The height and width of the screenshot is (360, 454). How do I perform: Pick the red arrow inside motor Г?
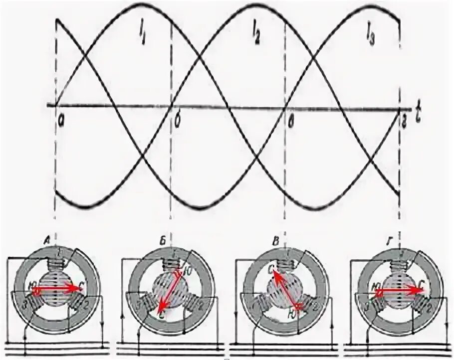399,290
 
